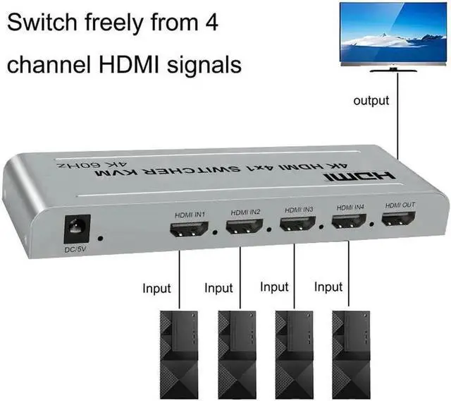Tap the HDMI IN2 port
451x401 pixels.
click(245, 227)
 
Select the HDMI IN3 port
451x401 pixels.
click(297, 225)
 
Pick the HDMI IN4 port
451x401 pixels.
click(349, 222)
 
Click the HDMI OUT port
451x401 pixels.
click(398, 218)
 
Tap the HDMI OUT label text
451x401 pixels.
click(400, 205)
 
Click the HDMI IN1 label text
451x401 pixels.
click(190, 213)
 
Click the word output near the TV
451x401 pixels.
click(371, 101)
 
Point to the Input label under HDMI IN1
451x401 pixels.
click(156, 289)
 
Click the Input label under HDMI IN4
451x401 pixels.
click(328, 287)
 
